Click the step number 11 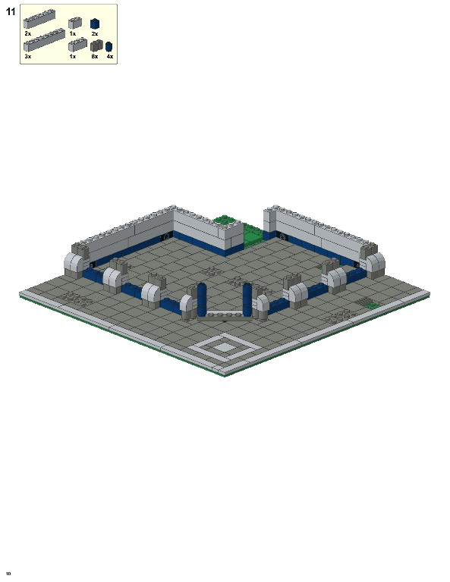point(10,11)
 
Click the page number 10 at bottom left point(8,573)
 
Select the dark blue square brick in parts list point(95,23)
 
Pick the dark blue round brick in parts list point(109,46)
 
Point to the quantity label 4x point(109,57)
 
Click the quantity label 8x point(94,57)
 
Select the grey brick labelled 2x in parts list point(39,19)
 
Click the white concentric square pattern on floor point(225,348)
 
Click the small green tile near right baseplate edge point(372,305)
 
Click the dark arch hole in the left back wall point(166,238)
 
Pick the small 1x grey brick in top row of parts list point(74,23)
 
